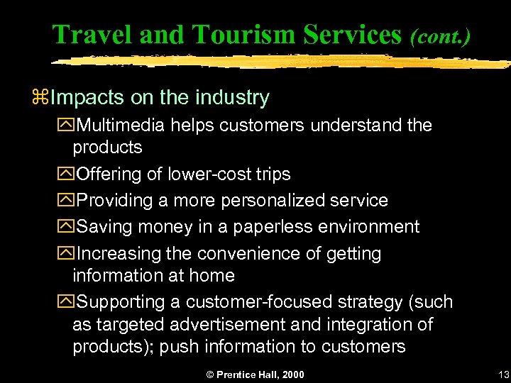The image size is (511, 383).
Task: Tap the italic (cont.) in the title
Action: (x=439, y=35)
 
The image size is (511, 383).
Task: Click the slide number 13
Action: (x=504, y=374)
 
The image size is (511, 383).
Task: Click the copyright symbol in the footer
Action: (x=209, y=374)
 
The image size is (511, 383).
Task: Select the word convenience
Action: (x=243, y=253)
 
